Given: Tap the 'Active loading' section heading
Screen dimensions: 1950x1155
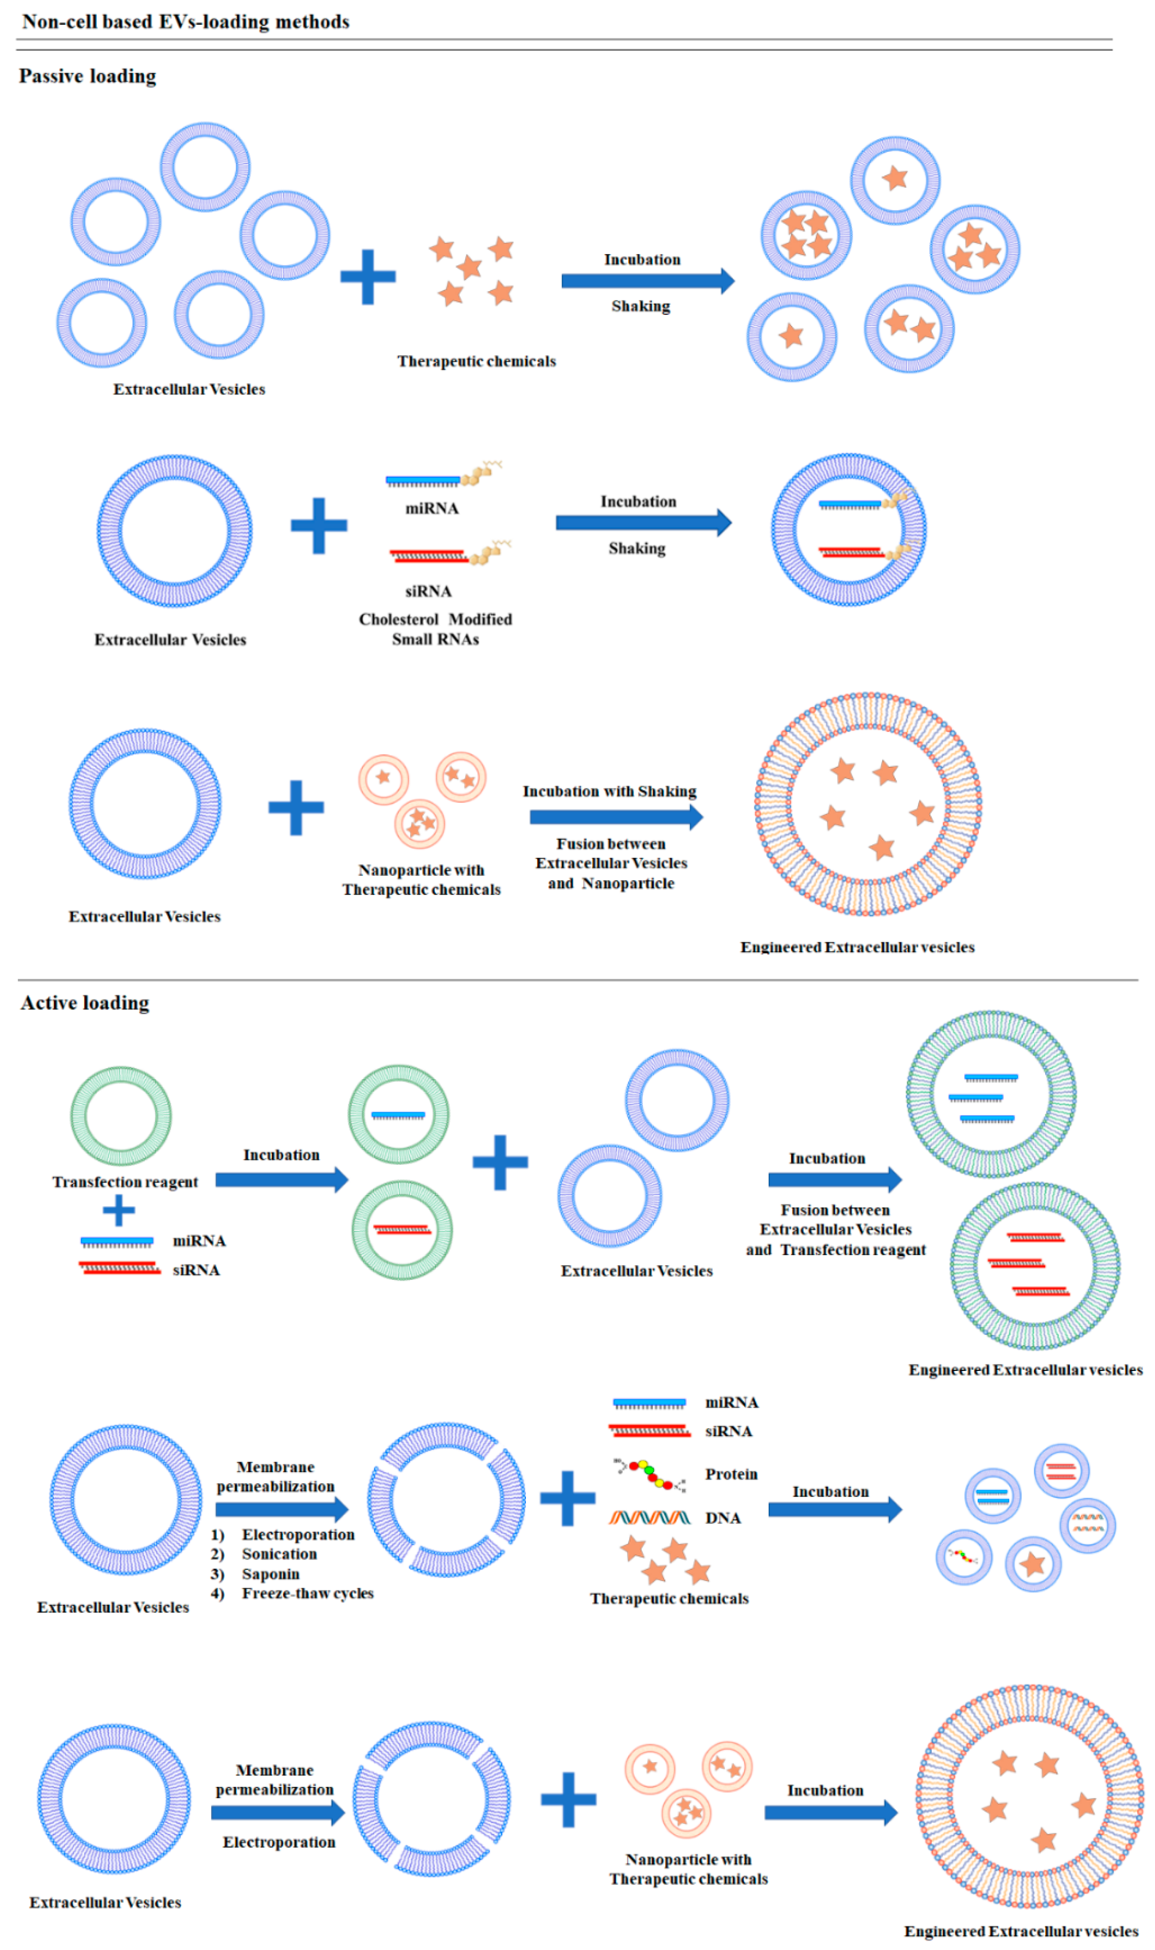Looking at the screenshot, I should (85, 1003).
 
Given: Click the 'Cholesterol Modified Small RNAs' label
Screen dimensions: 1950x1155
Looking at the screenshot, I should (435, 629).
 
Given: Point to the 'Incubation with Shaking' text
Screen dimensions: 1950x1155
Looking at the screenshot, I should (609, 791).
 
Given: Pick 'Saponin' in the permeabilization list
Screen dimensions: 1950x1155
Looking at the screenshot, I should (270, 1574).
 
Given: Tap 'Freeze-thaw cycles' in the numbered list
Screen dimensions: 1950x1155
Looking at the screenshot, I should (308, 1594).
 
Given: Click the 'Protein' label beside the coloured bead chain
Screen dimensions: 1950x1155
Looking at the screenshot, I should (731, 1475).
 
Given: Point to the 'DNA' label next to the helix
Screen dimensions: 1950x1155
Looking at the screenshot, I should (722, 1518).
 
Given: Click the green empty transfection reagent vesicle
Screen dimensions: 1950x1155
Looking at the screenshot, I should (121, 1116).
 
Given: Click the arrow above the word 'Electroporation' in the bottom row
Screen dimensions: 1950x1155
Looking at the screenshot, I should (278, 1813).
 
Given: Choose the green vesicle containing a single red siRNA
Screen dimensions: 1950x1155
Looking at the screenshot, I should (402, 1230).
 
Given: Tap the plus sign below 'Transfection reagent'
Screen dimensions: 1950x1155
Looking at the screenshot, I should (118, 1211).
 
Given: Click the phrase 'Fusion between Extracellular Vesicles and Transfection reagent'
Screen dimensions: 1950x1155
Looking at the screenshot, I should (835, 1229).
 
